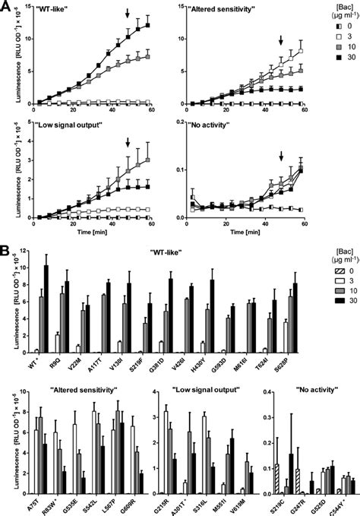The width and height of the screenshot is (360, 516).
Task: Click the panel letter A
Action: pos(6,5)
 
